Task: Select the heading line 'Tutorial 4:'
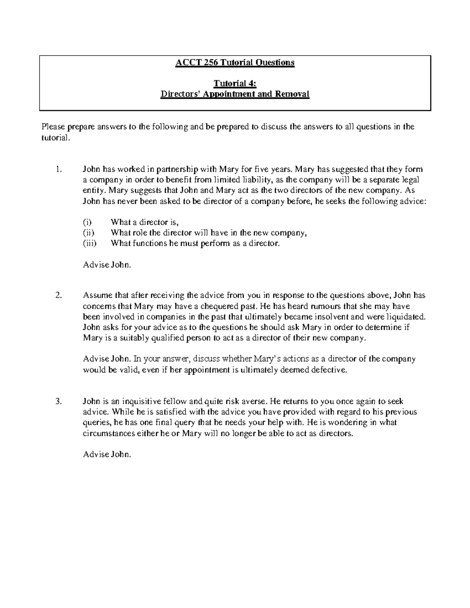[235, 83]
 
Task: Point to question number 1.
[59, 170]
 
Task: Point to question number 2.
[59, 296]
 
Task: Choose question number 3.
[59, 401]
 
